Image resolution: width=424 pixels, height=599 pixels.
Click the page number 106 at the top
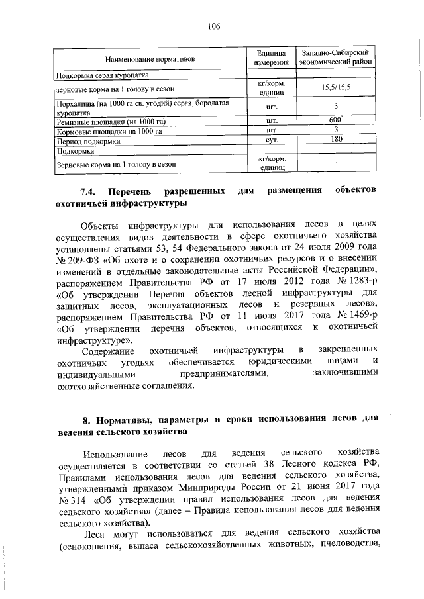tap(213, 26)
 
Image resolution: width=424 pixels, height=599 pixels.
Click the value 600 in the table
tap(335, 120)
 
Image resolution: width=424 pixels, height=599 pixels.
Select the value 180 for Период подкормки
tap(336, 140)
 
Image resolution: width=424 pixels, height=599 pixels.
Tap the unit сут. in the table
tap(270, 140)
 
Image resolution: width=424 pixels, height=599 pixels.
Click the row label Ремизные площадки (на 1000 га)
tap(111, 121)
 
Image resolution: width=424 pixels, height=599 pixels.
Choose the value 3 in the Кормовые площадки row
tap(336, 130)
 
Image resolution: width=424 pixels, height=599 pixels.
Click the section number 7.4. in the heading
tap(90, 191)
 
